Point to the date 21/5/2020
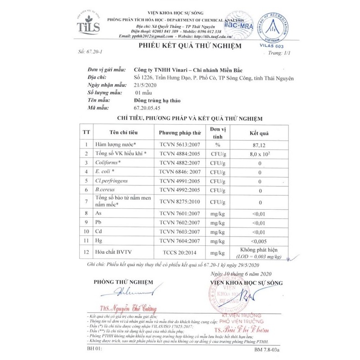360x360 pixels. (144, 85)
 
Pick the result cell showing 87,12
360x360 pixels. (260, 145)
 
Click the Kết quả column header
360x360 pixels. (259, 133)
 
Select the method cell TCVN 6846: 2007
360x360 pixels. (180, 171)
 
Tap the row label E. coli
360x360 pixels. (105, 171)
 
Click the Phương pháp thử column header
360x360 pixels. (180, 133)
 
